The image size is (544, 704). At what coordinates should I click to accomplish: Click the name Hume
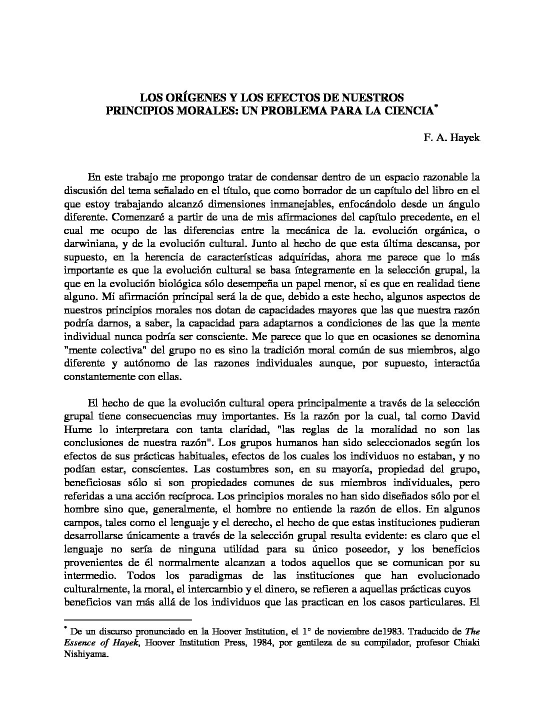click(77, 429)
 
